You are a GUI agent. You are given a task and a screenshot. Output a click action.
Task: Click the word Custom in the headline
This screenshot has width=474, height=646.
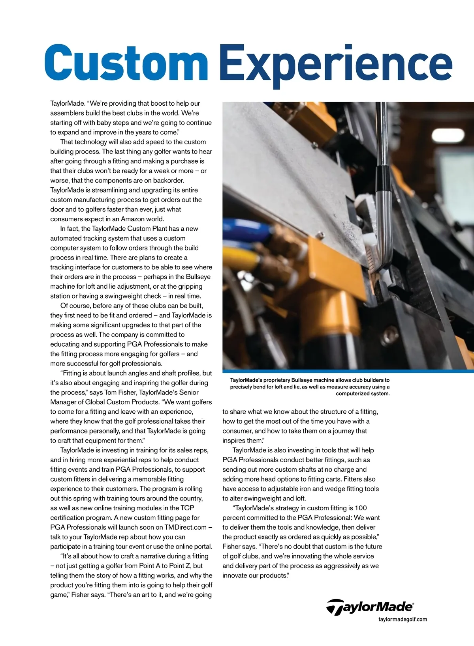126,63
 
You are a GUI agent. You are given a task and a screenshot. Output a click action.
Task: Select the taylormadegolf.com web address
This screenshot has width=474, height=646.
403,619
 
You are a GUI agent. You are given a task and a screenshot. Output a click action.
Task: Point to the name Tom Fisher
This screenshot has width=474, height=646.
119,392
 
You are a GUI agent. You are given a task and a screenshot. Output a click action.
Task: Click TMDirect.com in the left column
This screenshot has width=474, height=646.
185,527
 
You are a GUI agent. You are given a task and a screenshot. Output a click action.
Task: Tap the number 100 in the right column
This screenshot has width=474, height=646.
361,508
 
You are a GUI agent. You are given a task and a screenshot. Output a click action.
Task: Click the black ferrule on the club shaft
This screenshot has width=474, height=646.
381,177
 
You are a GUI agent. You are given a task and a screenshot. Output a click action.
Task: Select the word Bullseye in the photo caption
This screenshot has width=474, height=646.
303,380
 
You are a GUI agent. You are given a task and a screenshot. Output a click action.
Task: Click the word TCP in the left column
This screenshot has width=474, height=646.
187,508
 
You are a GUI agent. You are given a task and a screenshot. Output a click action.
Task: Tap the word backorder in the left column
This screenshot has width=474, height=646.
168,181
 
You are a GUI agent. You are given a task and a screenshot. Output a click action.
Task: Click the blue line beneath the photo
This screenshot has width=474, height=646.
348,371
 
